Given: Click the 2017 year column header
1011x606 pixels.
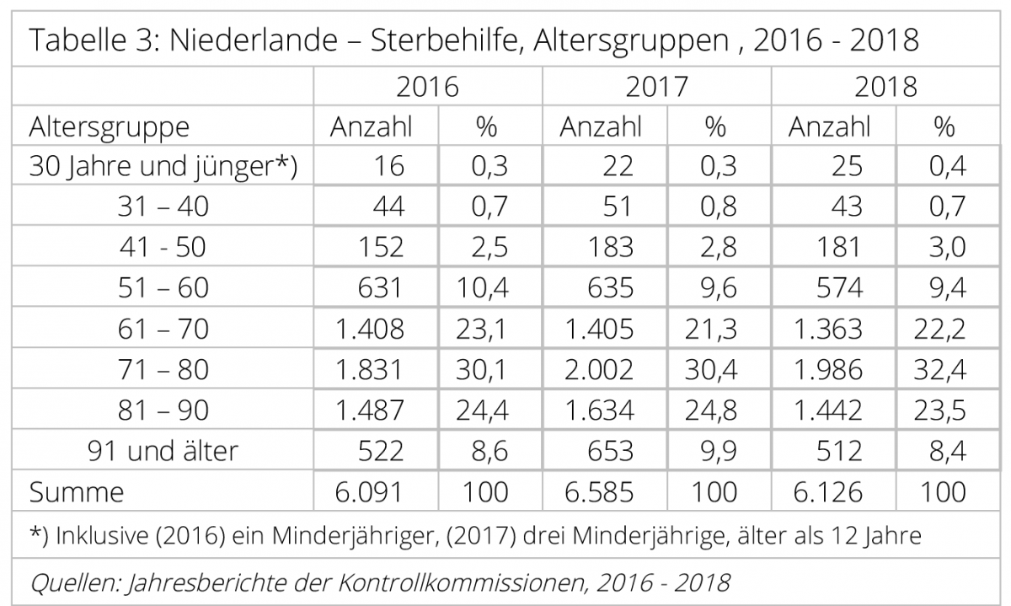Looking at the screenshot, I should click(656, 87).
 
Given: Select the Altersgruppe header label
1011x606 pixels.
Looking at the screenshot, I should click(110, 127).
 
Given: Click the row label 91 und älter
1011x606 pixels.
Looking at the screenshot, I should click(163, 450).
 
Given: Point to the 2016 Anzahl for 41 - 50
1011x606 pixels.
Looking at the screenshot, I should click(372, 248).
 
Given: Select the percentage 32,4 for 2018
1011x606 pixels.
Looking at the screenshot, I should click(942, 369).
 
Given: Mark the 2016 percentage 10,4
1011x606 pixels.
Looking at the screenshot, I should click(486, 288).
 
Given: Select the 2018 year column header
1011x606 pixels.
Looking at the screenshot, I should click(885, 87).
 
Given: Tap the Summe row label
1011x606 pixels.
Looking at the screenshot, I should click(76, 491).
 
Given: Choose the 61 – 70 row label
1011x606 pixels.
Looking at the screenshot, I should click(163, 329).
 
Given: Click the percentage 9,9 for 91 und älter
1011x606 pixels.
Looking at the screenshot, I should click(718, 450).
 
